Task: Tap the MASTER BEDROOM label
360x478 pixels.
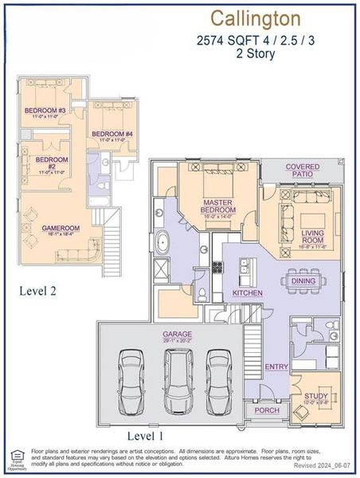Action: click(x=217, y=206)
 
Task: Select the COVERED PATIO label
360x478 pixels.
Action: click(x=303, y=170)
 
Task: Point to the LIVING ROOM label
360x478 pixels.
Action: click(x=311, y=236)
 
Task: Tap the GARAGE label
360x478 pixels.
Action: click(x=177, y=334)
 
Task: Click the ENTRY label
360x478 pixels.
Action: click(x=277, y=366)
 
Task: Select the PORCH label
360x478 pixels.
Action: click(x=266, y=410)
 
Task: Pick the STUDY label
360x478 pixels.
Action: click(x=316, y=396)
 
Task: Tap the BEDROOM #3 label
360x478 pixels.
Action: click(x=45, y=110)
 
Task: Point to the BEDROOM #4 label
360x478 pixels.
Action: click(x=112, y=134)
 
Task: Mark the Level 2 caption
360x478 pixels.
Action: click(x=37, y=292)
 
